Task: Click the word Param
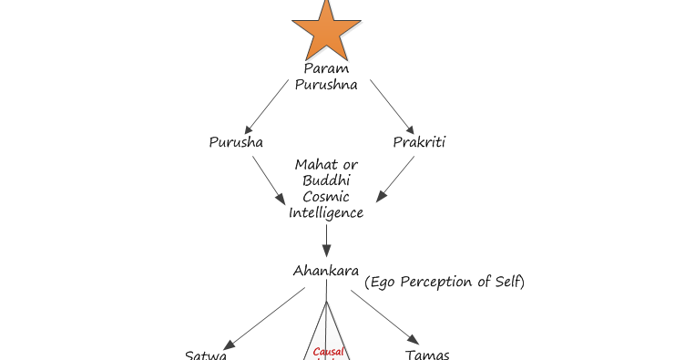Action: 325,68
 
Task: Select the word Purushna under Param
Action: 325,84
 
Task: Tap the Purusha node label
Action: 236,142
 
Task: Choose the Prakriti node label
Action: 419,142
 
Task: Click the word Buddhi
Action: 326,180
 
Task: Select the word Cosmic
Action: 326,197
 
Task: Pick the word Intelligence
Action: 326,213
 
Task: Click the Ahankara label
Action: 325,271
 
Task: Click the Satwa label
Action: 206,355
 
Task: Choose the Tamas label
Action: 427,355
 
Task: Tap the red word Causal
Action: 327,352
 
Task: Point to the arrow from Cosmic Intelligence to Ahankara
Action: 326,241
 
